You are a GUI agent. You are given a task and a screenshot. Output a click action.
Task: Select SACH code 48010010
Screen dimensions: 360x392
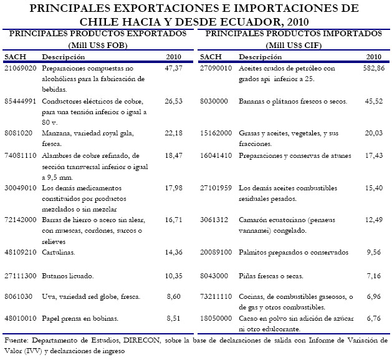tap(21, 318)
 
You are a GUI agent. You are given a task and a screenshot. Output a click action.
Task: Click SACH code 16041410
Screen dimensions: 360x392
tap(216, 155)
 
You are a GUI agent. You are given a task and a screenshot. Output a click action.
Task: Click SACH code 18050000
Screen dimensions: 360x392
tap(216, 318)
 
